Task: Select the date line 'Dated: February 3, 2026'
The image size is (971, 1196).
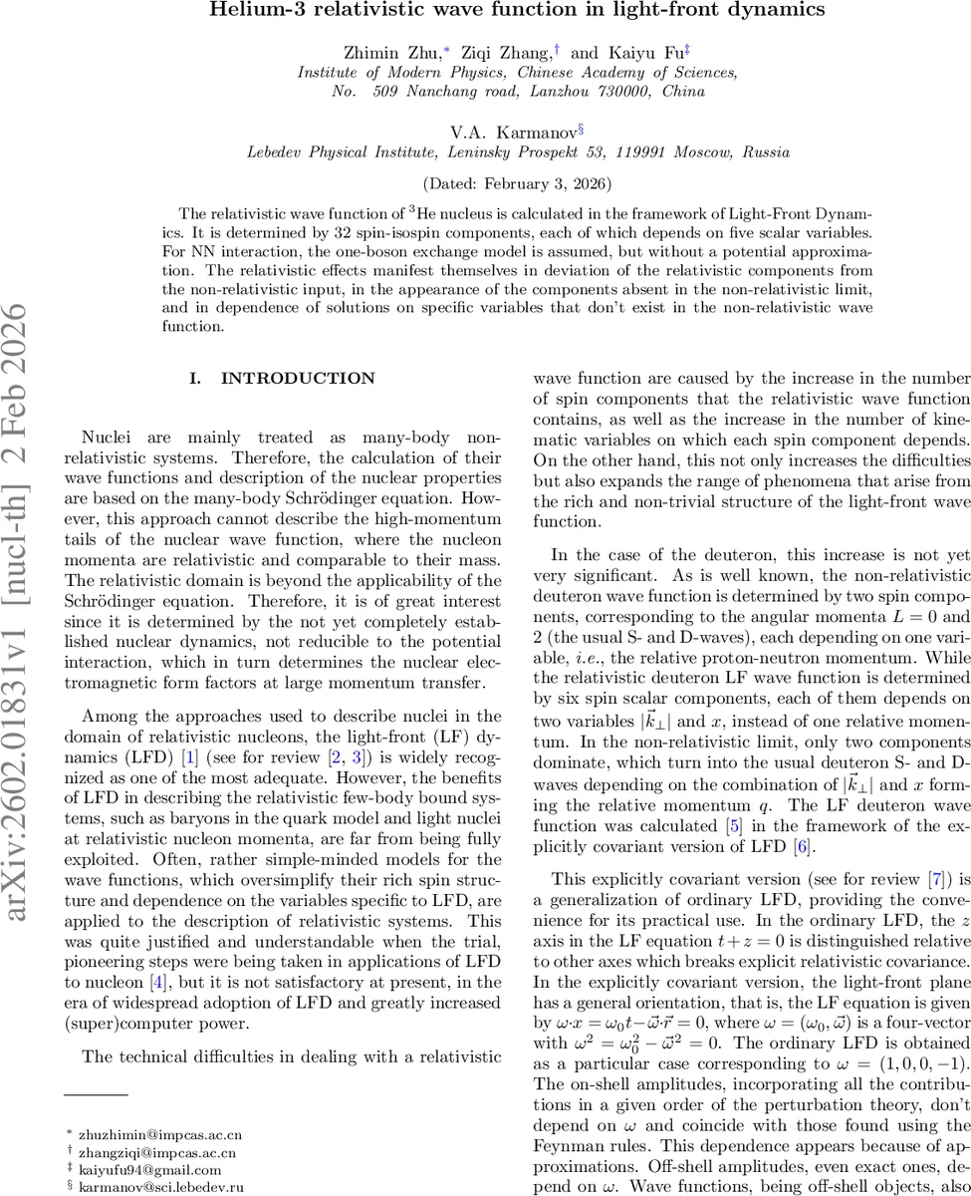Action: point(518,184)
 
